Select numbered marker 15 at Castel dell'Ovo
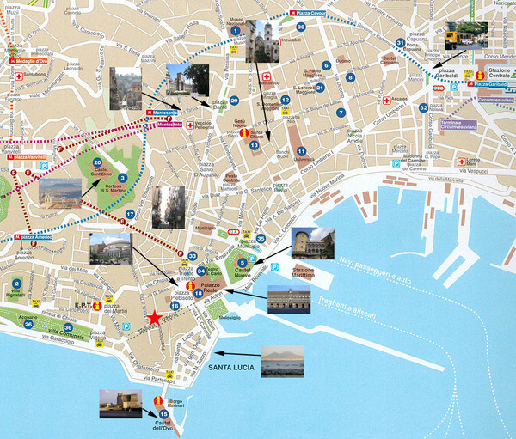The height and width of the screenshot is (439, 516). coord(163,414)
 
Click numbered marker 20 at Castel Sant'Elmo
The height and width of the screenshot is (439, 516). coord(97,162)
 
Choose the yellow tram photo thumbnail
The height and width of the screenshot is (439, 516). coord(465,35)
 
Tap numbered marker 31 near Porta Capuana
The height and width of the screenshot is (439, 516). coord(400,43)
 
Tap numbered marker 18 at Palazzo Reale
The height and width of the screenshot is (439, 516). coord(199,294)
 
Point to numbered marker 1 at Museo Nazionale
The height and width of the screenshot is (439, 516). coord(234,31)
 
